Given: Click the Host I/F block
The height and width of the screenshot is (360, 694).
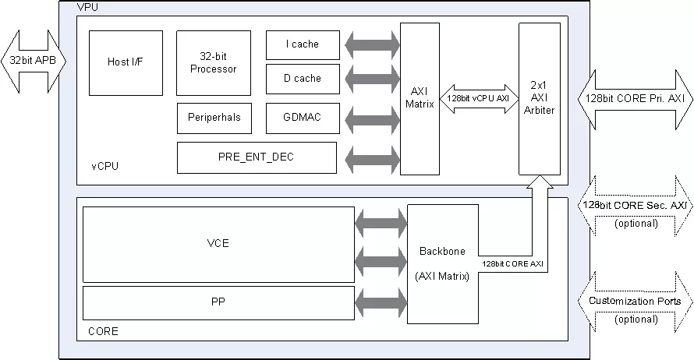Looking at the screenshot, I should (126, 62).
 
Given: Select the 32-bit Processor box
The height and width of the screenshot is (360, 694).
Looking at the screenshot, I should (214, 62).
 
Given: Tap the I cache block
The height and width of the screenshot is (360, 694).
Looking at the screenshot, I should (303, 45).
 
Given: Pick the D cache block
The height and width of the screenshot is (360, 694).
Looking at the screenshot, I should (303, 79).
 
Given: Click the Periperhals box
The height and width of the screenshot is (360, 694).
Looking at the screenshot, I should (214, 118).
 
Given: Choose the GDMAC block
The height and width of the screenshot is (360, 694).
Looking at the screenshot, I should (303, 118).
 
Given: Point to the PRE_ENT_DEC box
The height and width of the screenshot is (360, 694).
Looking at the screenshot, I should (257, 157).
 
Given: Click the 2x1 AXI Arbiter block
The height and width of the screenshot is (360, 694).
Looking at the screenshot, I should (540, 98).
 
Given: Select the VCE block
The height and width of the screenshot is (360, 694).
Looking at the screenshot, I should (218, 244).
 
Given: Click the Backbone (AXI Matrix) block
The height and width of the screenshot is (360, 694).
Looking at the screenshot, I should (442, 263).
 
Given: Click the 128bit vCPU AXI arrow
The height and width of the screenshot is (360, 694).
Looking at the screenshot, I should (480, 98).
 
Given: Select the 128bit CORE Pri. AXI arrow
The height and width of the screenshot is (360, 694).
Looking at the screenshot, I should (634, 98).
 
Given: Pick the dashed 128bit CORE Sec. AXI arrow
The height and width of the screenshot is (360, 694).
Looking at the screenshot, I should (634, 205).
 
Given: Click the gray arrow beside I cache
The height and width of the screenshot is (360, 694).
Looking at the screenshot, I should (370, 44).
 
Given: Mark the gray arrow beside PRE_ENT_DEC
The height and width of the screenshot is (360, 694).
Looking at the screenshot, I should (370, 158).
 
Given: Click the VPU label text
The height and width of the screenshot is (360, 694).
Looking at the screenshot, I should (87, 7).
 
